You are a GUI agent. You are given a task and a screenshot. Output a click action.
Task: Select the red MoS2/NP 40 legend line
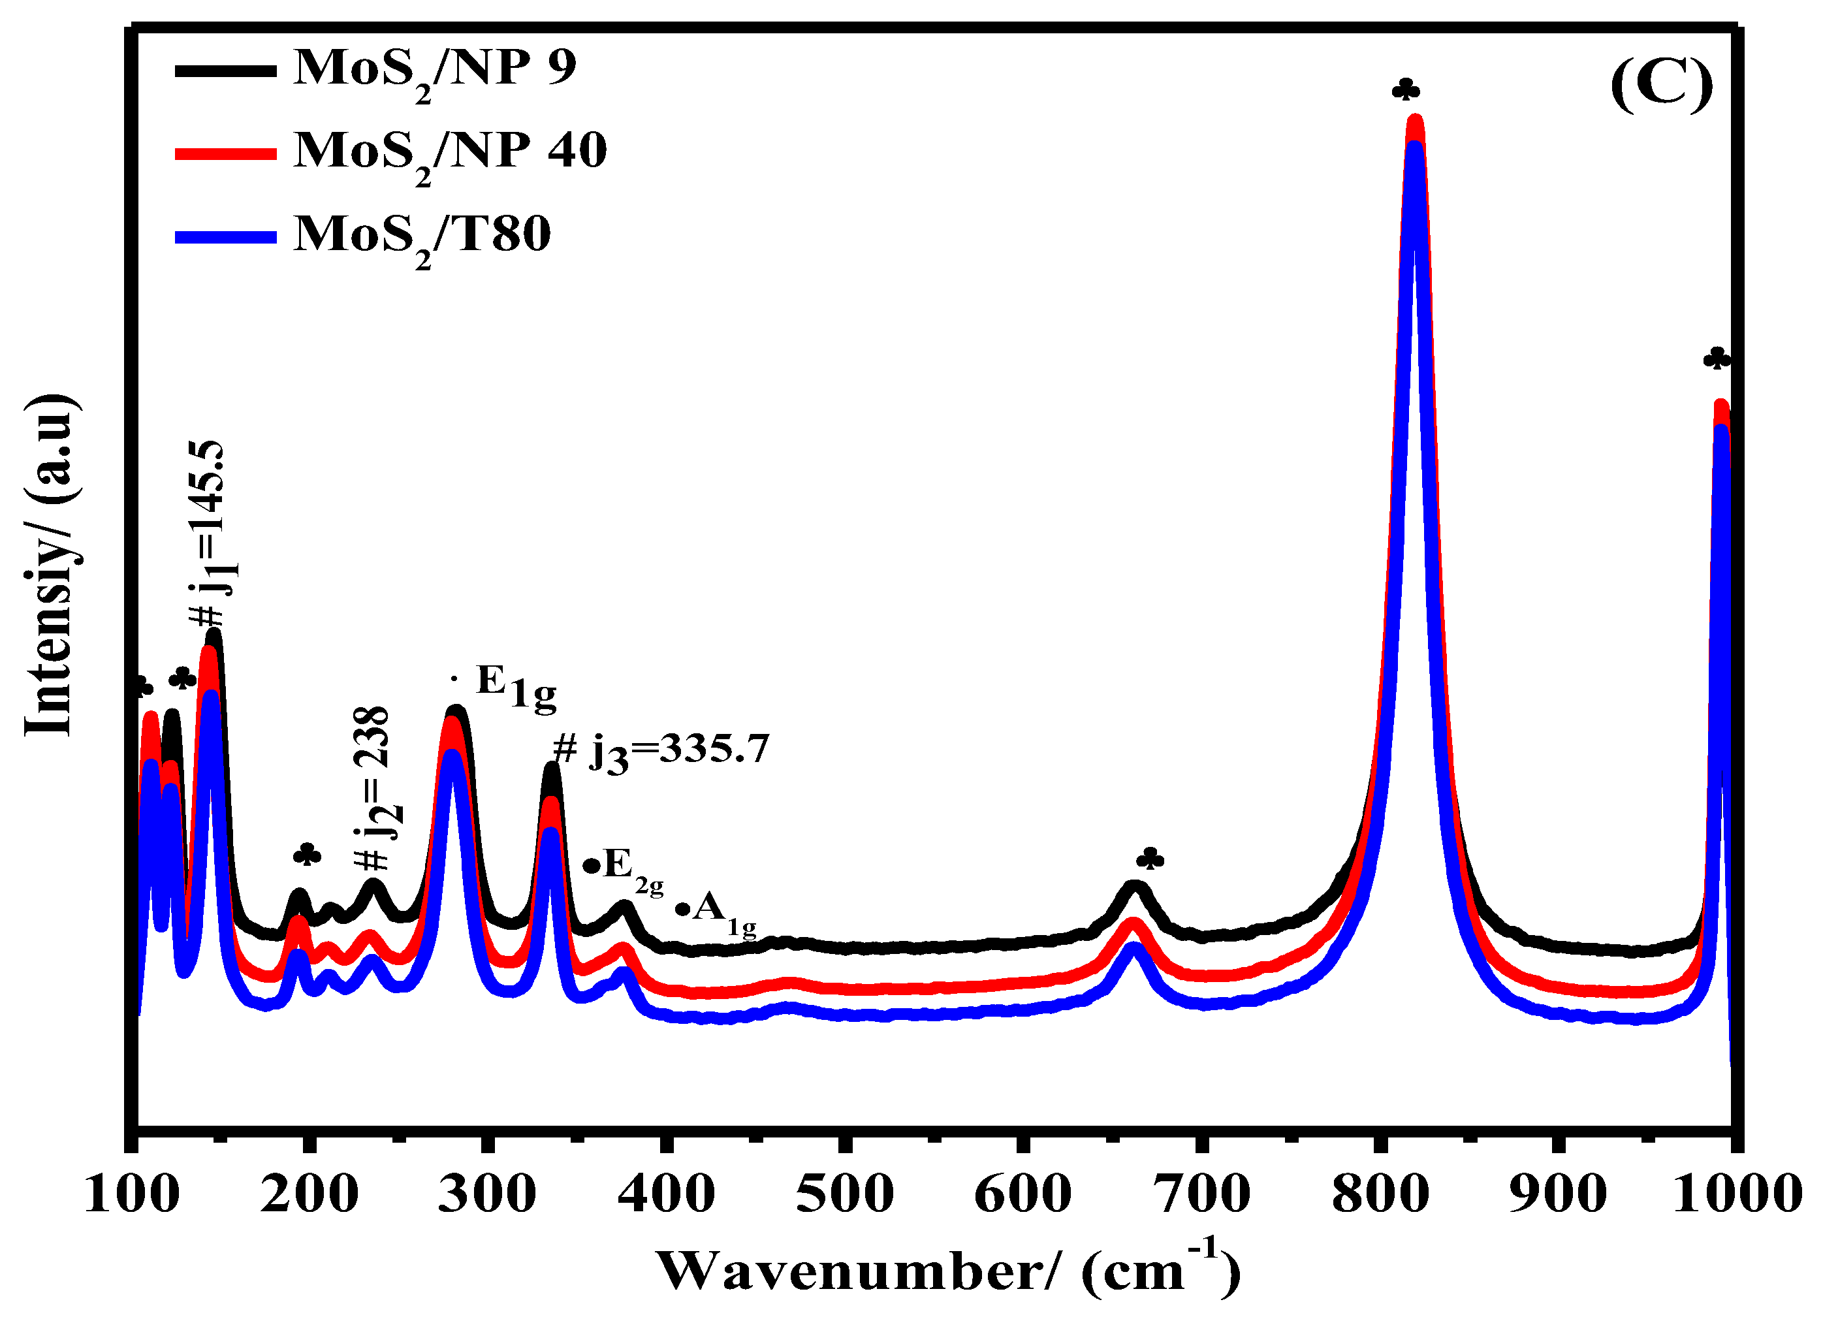[x=226, y=153]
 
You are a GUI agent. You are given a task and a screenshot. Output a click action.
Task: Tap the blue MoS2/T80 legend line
[x=226, y=237]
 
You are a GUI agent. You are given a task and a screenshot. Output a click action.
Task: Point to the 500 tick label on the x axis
[x=844, y=1194]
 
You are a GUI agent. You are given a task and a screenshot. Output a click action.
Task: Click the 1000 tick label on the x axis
[x=1736, y=1194]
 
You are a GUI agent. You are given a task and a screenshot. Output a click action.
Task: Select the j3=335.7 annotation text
[x=661, y=751]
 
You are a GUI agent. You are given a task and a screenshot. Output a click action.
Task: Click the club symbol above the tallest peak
[x=1406, y=89]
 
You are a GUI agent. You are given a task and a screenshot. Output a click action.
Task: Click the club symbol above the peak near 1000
[x=1716, y=358]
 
